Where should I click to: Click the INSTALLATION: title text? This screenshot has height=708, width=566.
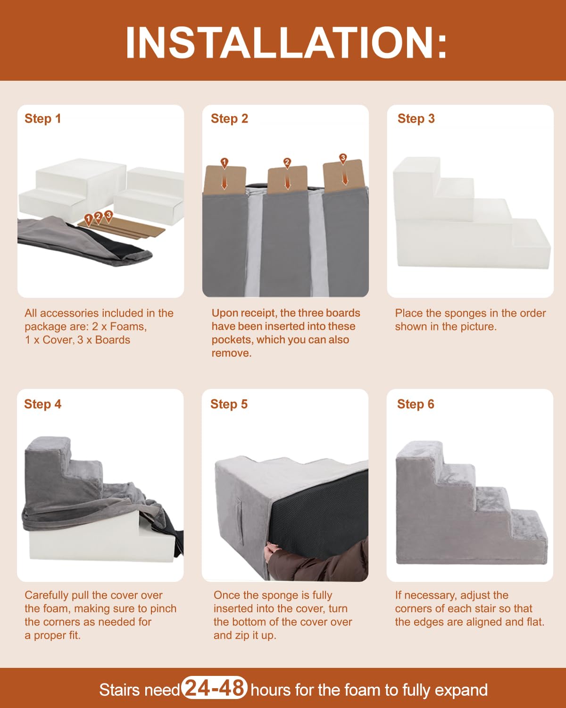[x=286, y=43]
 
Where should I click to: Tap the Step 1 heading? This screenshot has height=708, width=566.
[x=43, y=118]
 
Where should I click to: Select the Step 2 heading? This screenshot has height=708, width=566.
[x=229, y=118]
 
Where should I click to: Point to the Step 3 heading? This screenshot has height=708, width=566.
[x=416, y=118]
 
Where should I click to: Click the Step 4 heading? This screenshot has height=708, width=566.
[x=43, y=404]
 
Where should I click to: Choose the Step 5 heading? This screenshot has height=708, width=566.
[x=229, y=404]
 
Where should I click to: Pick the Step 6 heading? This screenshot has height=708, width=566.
[x=416, y=404]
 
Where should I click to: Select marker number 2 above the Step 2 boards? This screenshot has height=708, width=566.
[x=287, y=163]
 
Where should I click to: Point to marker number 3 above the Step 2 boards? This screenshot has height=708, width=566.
[x=343, y=159]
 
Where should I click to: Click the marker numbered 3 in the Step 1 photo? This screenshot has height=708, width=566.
[x=108, y=216]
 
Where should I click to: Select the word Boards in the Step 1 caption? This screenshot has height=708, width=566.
[x=112, y=340]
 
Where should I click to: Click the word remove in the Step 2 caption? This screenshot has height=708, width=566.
[x=231, y=354]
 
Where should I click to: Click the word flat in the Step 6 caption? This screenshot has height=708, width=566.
[x=534, y=622]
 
